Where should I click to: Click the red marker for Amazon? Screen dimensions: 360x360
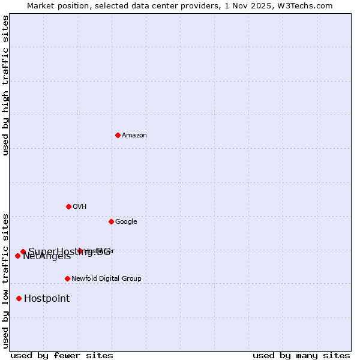point(118,135)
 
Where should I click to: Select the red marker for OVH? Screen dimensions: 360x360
point(68,206)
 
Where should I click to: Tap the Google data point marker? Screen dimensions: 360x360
point(111,221)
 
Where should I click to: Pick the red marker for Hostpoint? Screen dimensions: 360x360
point(19,298)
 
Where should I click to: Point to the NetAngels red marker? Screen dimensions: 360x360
point(17,256)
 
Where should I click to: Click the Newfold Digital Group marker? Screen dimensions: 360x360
point(67,278)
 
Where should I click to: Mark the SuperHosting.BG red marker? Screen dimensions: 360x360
point(23,251)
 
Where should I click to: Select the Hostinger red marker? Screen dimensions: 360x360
point(80,251)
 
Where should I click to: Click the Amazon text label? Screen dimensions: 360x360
point(134,136)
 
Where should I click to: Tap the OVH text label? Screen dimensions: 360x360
point(80,207)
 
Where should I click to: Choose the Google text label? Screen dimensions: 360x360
point(126,222)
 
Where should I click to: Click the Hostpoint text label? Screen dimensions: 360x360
point(47,299)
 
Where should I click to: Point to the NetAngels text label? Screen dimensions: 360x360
point(47,257)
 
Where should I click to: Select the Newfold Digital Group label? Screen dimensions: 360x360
point(106,279)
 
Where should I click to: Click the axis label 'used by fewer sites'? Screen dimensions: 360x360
point(62,356)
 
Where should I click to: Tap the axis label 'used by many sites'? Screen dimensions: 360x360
point(301,356)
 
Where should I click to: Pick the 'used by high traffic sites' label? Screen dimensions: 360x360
point(5,85)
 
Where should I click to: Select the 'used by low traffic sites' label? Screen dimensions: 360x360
point(5,281)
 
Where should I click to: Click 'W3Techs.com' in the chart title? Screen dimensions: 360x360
point(308,5)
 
